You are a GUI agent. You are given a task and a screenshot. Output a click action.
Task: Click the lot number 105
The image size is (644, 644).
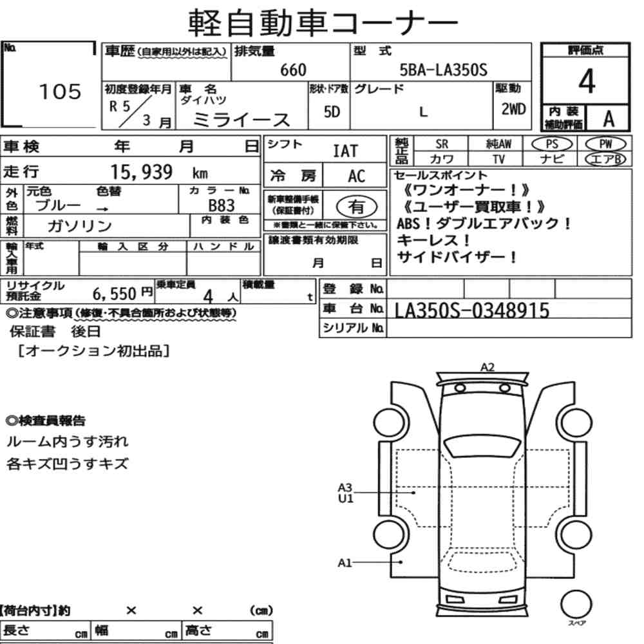(60, 91)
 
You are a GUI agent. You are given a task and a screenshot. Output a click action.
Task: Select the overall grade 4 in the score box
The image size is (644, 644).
(587, 81)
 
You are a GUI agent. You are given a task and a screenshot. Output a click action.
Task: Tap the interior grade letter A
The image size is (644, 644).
(609, 118)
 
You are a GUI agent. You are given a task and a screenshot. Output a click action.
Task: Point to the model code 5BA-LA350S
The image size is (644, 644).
(444, 70)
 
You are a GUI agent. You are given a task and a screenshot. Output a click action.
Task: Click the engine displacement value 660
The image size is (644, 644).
(293, 70)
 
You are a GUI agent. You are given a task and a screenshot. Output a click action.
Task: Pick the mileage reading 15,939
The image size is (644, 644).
(141, 172)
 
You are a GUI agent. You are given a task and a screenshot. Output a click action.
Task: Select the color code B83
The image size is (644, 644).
(222, 205)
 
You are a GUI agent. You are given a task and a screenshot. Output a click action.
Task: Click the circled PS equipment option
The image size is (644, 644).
(552, 144)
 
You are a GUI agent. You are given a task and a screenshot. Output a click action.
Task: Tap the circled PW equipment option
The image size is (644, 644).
(605, 144)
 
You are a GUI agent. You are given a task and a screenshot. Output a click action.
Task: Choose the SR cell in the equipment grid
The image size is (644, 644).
(442, 144)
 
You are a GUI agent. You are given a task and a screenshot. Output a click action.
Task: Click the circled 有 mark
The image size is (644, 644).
(357, 207)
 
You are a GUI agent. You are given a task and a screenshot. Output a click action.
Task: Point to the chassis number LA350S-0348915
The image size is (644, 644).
(472, 310)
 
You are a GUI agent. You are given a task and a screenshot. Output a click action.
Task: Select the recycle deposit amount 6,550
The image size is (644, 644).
(114, 294)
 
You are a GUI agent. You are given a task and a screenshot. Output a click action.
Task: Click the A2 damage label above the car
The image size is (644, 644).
(488, 367)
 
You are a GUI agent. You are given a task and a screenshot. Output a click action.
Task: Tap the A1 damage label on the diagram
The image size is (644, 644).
(345, 563)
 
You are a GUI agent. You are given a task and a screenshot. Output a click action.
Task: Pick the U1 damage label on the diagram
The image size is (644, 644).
(345, 498)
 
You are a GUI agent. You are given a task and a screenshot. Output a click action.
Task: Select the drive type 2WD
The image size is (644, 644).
(513, 109)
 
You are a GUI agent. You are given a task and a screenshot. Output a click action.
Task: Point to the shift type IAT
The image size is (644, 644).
(345, 151)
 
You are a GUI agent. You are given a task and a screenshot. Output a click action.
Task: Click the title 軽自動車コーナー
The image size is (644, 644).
(323, 22)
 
